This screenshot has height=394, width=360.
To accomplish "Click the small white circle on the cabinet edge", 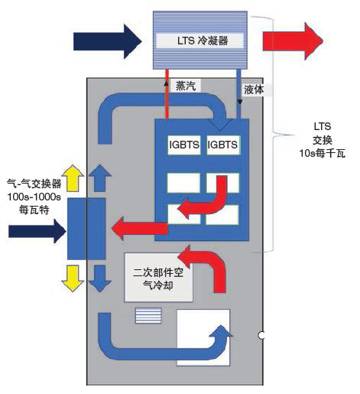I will (x=261, y=334).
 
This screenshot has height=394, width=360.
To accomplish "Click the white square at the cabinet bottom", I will (x=203, y=337).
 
